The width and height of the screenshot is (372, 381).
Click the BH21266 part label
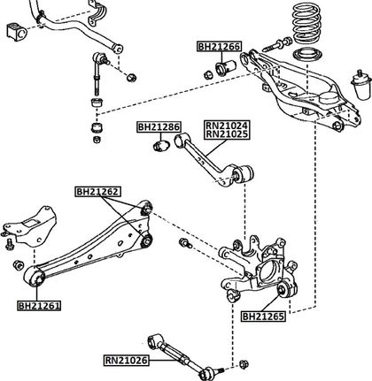(x=219, y=47)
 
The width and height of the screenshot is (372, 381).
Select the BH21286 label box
(x=159, y=127)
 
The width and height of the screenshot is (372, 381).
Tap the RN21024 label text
(x=227, y=126)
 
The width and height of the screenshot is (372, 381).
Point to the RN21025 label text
(x=227, y=134)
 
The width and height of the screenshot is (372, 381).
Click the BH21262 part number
(x=97, y=192)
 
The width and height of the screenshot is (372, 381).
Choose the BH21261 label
(x=40, y=306)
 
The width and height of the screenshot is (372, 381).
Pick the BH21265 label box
(x=264, y=316)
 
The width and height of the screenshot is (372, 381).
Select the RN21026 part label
(x=126, y=360)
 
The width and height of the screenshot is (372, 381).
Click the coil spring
(x=306, y=24)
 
